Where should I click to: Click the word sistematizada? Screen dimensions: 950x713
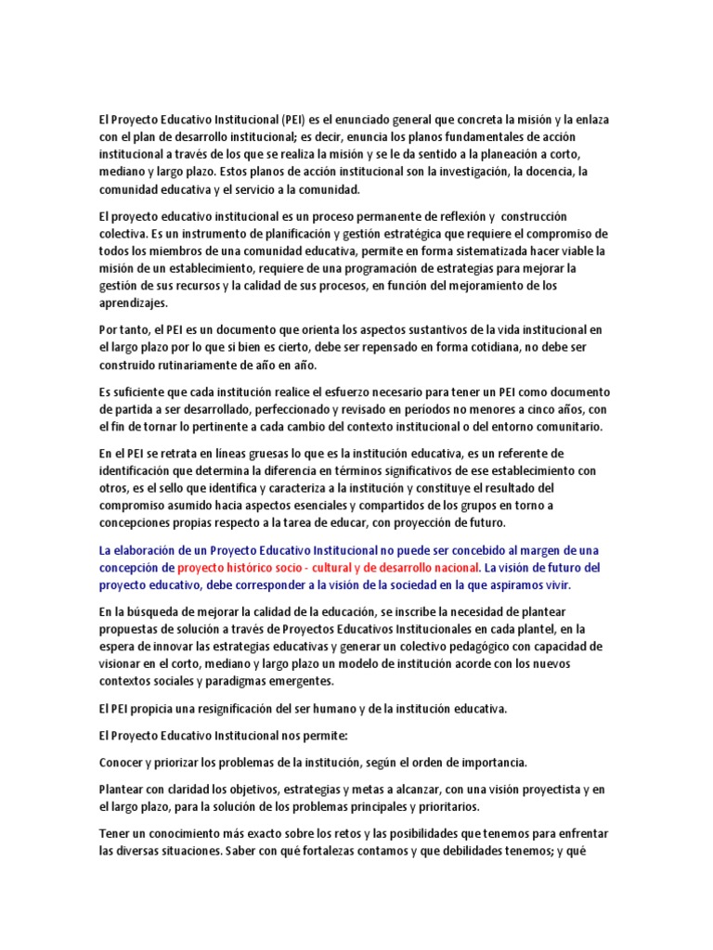click(x=441, y=250)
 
